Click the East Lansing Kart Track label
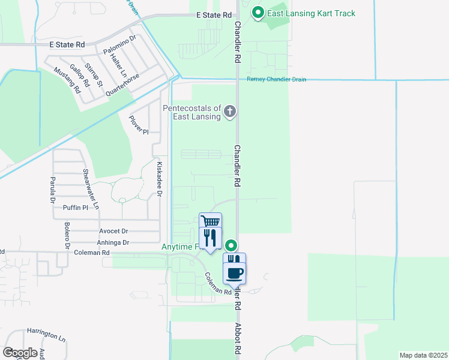click(x=312, y=14)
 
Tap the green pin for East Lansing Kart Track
click(x=258, y=12)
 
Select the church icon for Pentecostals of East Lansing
click(x=229, y=112)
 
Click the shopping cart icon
click(x=210, y=221)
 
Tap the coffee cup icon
click(x=235, y=274)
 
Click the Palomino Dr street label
click(x=120, y=44)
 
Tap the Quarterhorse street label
click(x=122, y=85)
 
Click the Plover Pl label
click(x=139, y=125)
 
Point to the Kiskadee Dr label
click(x=159, y=178)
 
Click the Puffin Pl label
click(x=76, y=208)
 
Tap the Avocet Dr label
click(x=113, y=231)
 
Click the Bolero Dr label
click(x=67, y=236)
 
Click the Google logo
click(x=20, y=353)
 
